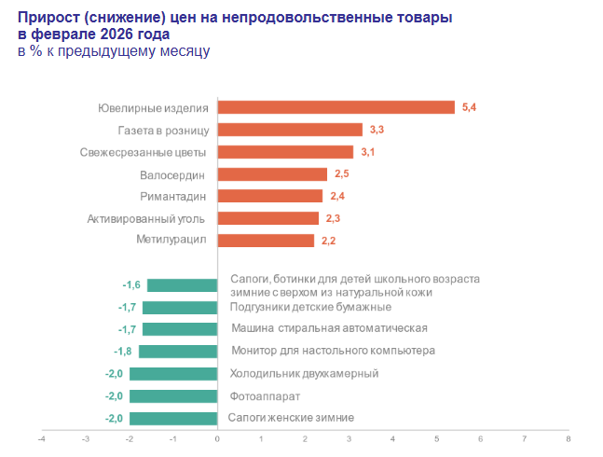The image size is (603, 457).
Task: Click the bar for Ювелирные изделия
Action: tap(336, 107)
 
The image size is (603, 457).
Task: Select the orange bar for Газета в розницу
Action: tap(290, 130)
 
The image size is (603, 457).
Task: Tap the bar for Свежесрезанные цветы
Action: tap(285, 152)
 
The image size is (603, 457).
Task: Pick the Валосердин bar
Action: tap(272, 174)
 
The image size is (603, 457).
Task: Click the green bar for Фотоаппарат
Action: tap(173, 396)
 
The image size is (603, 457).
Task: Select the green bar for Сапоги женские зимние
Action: tap(173, 419)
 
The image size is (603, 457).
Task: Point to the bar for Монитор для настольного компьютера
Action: tap(178, 352)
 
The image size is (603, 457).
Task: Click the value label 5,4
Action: tap(469, 108)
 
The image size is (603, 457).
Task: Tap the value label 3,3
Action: tap(377, 131)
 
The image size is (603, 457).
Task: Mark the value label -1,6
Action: tap(131, 285)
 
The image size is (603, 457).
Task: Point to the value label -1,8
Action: tap(122, 352)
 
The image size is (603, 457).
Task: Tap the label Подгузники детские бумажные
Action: tap(310, 307)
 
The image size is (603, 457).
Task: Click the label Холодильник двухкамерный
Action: tap(304, 374)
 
